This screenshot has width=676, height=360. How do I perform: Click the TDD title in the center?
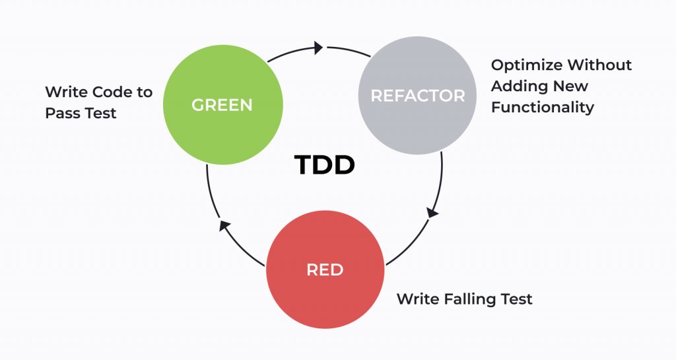324,165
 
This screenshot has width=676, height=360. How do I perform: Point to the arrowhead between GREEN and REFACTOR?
318,48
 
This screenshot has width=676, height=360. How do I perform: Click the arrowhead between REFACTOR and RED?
432,213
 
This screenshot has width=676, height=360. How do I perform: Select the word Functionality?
542,107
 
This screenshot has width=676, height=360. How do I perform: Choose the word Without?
599,65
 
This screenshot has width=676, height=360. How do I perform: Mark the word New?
570,86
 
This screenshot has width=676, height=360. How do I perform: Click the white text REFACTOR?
417,96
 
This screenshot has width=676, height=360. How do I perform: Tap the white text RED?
324,270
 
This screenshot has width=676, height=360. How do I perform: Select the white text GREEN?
222,105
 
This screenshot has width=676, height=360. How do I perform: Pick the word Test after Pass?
99,113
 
